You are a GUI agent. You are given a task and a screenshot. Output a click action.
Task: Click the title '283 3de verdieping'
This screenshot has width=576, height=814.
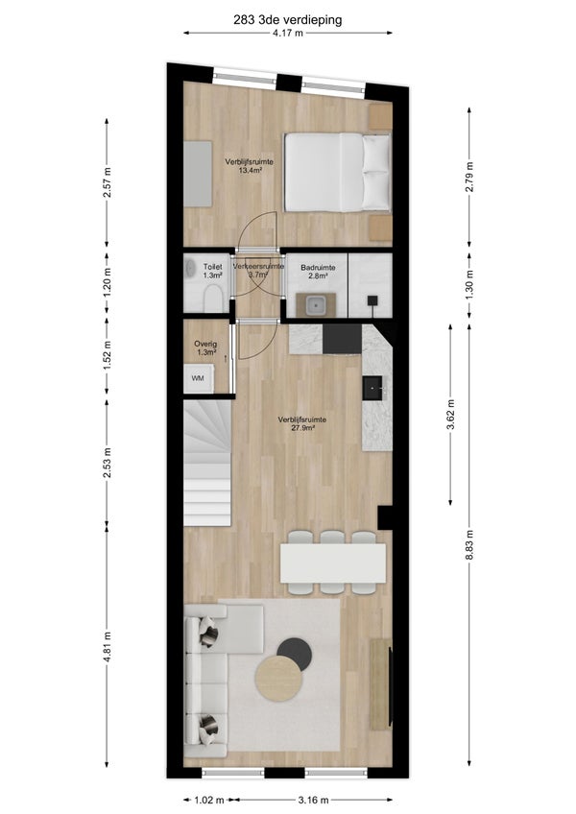tap(287, 20)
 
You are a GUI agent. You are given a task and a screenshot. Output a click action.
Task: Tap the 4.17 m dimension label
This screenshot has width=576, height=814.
tap(287, 34)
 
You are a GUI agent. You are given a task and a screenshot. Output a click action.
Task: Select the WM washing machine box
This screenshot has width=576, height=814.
tap(199, 378)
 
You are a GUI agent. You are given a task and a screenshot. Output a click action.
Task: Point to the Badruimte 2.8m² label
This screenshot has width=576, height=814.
tap(318, 272)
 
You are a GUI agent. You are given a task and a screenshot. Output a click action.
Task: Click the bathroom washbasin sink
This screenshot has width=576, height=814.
tap(315, 304)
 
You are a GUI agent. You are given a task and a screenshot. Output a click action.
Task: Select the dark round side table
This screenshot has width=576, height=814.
tap(295, 654)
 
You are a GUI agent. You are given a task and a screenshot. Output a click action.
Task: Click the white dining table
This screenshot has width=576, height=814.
tap(333, 563)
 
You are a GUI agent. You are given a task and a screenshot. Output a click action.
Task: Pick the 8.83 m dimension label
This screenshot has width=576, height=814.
tap(469, 545)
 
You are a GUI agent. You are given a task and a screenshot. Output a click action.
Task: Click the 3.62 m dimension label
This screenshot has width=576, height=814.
tap(450, 415)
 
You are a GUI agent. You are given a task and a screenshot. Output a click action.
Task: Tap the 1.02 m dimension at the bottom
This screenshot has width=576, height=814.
tap(209, 800)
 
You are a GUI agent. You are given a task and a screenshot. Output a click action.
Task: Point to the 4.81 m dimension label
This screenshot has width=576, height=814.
tap(107, 647)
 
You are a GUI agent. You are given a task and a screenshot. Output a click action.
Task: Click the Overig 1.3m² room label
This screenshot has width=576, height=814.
tap(205, 347)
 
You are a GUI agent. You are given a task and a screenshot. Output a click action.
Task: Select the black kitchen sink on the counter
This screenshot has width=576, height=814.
tap(373, 388)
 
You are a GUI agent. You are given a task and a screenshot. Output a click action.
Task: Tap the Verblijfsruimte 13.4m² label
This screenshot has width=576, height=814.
tap(250, 166)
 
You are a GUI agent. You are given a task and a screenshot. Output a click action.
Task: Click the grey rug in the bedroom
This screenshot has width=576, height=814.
tap(198, 174)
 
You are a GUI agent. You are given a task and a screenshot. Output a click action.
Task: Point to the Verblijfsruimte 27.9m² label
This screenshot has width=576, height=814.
tap(302, 423)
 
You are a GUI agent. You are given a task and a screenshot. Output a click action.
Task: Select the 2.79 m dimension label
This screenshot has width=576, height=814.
tap(469, 177)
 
